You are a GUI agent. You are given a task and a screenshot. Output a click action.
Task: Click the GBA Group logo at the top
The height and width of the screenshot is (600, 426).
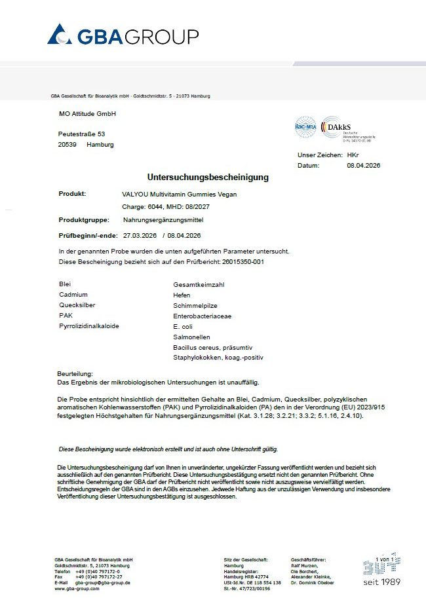123,35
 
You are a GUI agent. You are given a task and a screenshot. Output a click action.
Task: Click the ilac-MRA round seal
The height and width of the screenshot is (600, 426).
305,130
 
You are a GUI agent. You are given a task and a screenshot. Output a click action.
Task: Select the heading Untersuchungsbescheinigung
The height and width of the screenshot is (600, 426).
208,178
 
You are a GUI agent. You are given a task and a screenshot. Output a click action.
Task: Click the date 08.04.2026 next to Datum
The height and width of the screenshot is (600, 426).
363,166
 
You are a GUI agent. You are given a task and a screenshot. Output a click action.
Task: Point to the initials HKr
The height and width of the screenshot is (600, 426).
353,155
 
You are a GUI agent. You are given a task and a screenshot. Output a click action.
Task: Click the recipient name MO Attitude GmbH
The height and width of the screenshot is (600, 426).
87,114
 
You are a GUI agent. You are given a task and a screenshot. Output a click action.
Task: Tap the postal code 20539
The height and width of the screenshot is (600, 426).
68,145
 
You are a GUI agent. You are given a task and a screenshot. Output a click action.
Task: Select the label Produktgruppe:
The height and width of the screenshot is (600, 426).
81,220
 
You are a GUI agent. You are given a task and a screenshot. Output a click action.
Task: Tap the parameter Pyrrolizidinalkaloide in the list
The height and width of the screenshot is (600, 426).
89,326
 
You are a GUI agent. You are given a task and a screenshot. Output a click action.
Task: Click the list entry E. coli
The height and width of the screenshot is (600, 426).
183,326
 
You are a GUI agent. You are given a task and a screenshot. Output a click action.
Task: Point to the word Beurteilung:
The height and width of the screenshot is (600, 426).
75,373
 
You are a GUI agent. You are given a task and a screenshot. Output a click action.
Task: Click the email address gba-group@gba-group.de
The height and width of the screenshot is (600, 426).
102,582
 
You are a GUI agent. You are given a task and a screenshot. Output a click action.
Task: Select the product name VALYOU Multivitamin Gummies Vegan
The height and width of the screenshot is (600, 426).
180,195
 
